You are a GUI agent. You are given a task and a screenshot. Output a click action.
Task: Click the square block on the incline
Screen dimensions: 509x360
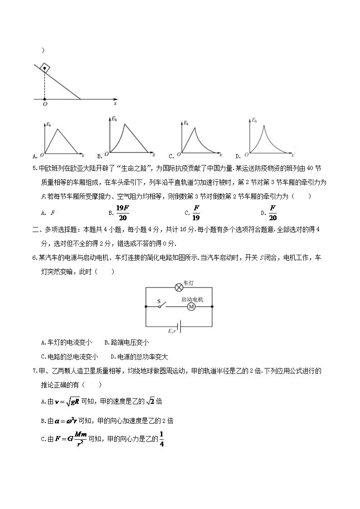tap(44, 68)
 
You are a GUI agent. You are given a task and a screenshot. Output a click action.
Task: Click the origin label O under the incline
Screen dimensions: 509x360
tap(44, 104)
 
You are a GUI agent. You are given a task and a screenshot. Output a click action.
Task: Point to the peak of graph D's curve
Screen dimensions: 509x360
tap(264, 125)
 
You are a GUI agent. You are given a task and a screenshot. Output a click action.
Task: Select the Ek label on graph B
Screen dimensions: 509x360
tap(115, 119)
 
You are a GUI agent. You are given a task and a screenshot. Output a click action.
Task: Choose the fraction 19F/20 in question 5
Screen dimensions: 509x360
tap(122, 212)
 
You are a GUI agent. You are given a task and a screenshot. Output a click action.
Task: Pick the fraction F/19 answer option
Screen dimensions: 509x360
tap(196, 212)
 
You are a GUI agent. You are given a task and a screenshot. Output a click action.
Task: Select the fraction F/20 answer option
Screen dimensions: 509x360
tap(272, 212)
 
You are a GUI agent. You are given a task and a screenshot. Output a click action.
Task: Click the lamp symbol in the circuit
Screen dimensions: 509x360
tap(179, 287)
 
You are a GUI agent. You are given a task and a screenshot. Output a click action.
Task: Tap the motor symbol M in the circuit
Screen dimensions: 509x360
tap(191, 307)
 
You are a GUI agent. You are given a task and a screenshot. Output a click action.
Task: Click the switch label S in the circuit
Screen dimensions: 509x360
tap(159, 301)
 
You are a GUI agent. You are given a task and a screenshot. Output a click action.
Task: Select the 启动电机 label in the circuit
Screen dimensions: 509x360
tap(192, 300)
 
